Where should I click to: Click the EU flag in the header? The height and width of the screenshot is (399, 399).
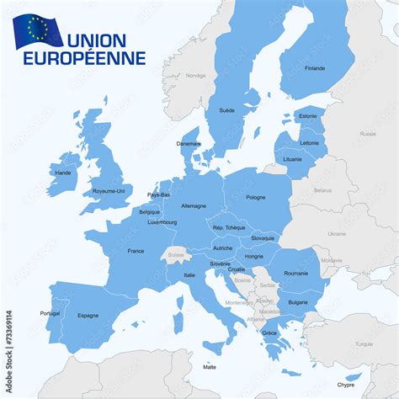click(x=37, y=30)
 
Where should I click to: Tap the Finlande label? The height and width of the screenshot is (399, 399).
click(x=315, y=68)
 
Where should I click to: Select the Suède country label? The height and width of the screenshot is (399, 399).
click(x=227, y=110)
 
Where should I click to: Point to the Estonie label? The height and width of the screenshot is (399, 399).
click(x=308, y=115)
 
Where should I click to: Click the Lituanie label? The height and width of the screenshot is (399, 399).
click(x=292, y=158)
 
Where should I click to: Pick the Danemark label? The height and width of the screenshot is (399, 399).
click(x=189, y=143)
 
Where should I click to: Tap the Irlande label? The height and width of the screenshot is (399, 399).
click(x=62, y=173)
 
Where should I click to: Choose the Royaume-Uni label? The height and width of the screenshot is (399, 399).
click(x=109, y=190)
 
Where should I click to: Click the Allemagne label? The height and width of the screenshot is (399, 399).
click(x=194, y=205)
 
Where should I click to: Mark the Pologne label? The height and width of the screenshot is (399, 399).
click(x=255, y=198)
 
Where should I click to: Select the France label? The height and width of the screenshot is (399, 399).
click(x=136, y=251)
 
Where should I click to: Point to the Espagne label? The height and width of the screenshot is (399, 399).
click(x=88, y=316)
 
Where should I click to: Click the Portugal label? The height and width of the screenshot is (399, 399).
click(x=50, y=313)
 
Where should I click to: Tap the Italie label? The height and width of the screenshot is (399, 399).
click(x=190, y=274)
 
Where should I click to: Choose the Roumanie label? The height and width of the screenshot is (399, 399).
click(x=296, y=273)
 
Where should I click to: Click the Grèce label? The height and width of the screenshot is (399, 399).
click(x=269, y=332)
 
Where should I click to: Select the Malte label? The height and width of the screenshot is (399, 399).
click(x=210, y=367)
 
